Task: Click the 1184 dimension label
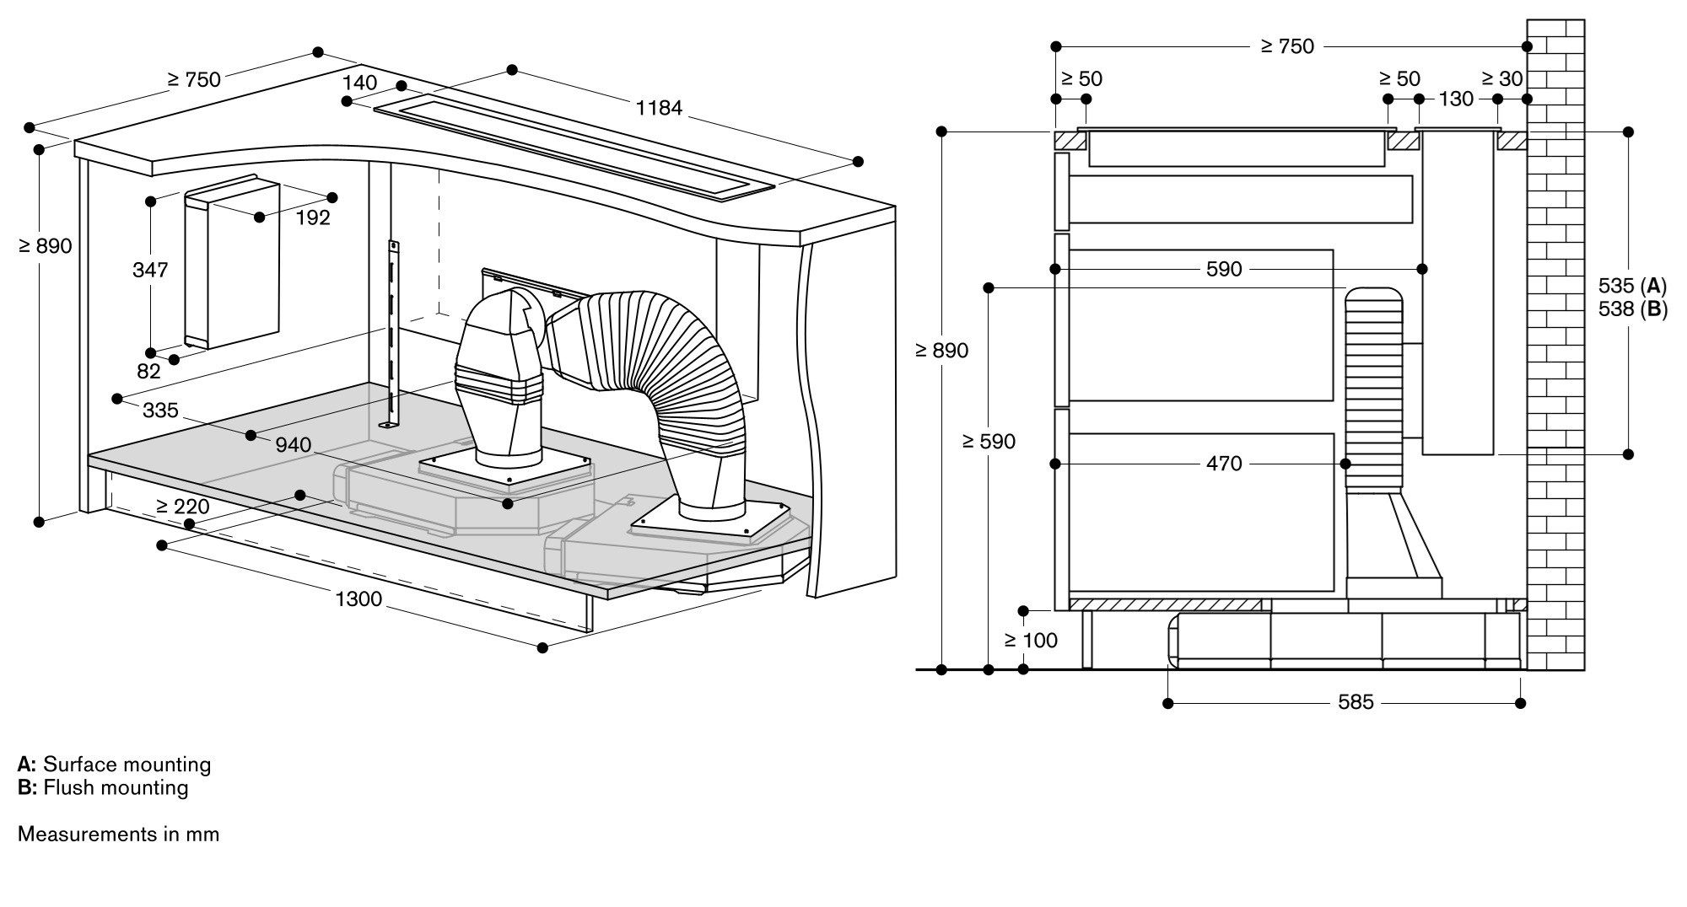(x=659, y=108)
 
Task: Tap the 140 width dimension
(x=360, y=83)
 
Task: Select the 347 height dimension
(x=150, y=270)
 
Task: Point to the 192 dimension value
(x=313, y=217)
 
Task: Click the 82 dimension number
(x=148, y=371)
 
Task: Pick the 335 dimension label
(x=160, y=410)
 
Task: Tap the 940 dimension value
(x=293, y=444)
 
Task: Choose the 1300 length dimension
(x=358, y=599)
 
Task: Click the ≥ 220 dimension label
(x=182, y=506)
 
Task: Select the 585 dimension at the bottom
(x=1356, y=701)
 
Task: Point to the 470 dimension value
(x=1224, y=463)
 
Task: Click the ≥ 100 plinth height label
(x=1031, y=641)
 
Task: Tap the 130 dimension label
(x=1456, y=99)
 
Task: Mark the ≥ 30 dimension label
(x=1502, y=78)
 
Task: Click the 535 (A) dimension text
(x=1632, y=286)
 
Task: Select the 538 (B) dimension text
(x=1632, y=309)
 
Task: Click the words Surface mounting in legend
(x=127, y=765)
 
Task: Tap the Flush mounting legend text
(x=116, y=787)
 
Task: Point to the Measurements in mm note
(x=118, y=834)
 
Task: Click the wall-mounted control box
(x=232, y=263)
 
